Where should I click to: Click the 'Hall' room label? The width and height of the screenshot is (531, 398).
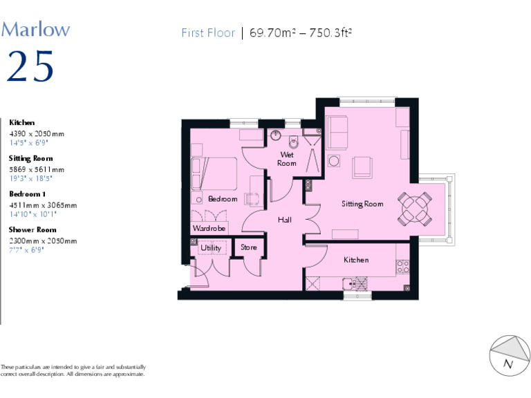(285, 220)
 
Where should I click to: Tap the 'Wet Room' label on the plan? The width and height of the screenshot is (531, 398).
(287, 159)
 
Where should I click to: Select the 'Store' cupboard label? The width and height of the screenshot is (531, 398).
(248, 247)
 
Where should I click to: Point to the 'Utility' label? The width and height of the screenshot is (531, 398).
(211, 248)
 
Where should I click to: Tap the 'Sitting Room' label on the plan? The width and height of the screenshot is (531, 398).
(362, 204)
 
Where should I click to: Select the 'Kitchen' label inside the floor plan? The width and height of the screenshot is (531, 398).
(356, 260)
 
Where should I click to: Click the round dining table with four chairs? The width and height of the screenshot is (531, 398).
(416, 208)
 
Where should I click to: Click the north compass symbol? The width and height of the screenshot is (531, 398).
(508, 356)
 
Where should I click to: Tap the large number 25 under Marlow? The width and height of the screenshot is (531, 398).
(30, 67)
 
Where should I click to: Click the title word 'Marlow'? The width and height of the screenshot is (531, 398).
(35, 29)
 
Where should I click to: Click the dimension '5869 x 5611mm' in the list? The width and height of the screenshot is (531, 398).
(37, 169)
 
